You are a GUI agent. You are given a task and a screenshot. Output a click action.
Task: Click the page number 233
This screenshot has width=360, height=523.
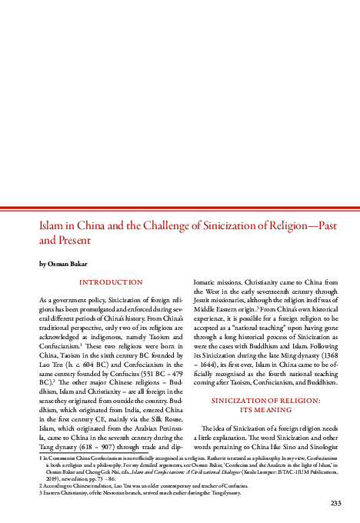(335, 503)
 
